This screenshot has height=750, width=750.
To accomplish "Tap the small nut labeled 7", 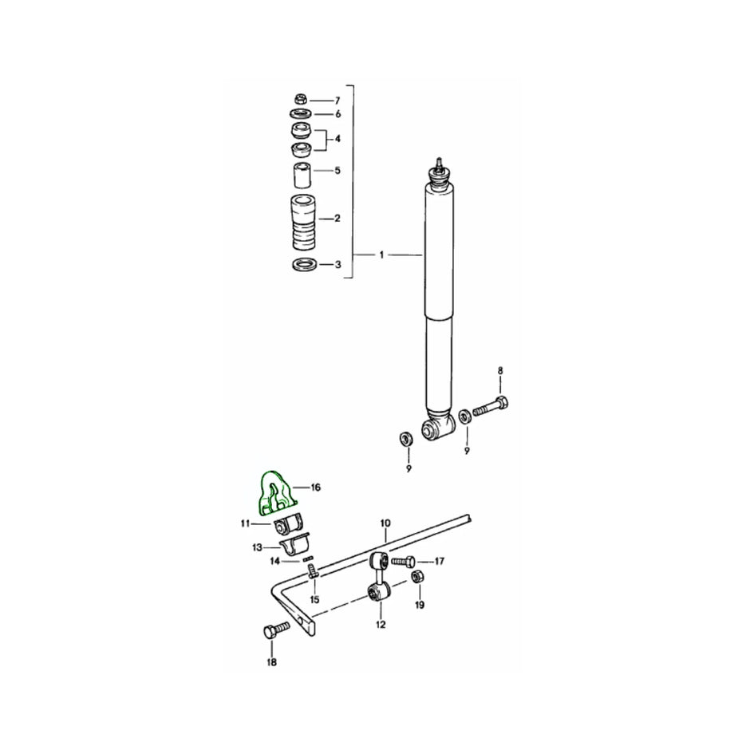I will point(301,100).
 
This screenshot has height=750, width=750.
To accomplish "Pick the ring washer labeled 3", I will point(302,264).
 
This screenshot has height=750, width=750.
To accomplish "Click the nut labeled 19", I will point(416,577).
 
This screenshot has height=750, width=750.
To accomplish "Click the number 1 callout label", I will point(381,255).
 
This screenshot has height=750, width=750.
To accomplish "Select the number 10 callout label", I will point(385,523).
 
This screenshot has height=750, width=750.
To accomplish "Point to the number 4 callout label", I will point(337,139).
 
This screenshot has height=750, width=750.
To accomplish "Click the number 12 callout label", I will point(381,624).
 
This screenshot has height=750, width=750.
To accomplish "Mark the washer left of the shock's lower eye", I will point(405,439).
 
